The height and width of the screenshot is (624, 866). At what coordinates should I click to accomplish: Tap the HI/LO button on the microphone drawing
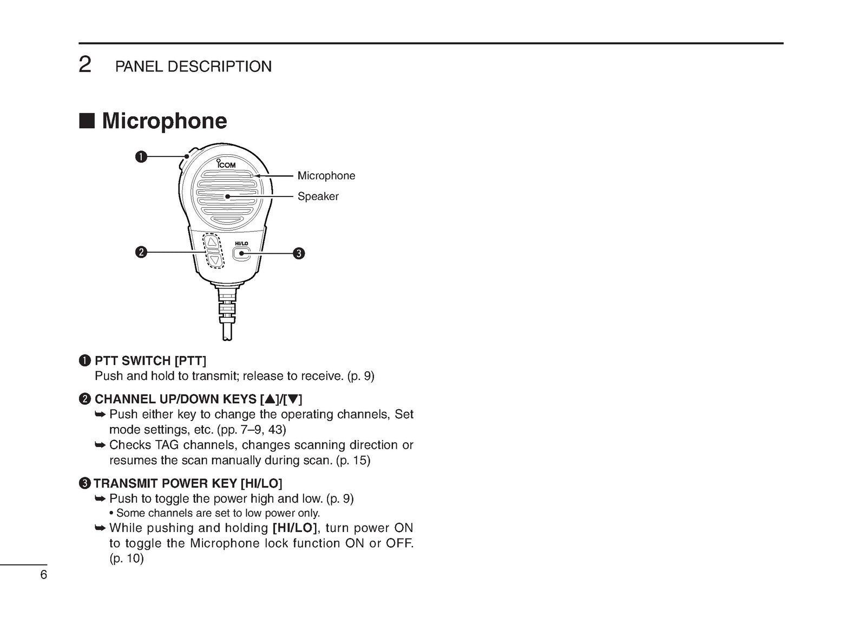(x=241, y=253)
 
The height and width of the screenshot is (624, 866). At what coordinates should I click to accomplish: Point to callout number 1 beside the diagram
(x=141, y=157)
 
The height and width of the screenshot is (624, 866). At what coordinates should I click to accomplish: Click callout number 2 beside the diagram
(x=141, y=252)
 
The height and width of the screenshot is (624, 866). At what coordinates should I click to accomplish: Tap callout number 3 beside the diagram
(x=299, y=253)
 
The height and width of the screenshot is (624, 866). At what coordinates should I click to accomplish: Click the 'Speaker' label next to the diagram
(x=318, y=196)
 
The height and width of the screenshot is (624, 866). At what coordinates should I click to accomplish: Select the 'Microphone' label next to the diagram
(x=326, y=176)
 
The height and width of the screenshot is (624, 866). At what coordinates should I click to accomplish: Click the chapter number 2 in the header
(x=85, y=65)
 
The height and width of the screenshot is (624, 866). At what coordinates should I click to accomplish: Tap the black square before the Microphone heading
(x=87, y=121)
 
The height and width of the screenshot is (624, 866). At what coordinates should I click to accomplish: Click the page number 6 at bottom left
(x=43, y=575)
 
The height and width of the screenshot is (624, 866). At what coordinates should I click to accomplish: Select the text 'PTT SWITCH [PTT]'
(x=150, y=360)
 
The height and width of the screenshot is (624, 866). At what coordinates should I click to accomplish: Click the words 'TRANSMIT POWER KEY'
(x=165, y=483)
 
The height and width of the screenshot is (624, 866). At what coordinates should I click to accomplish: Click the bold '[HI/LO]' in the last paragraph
(x=294, y=528)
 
